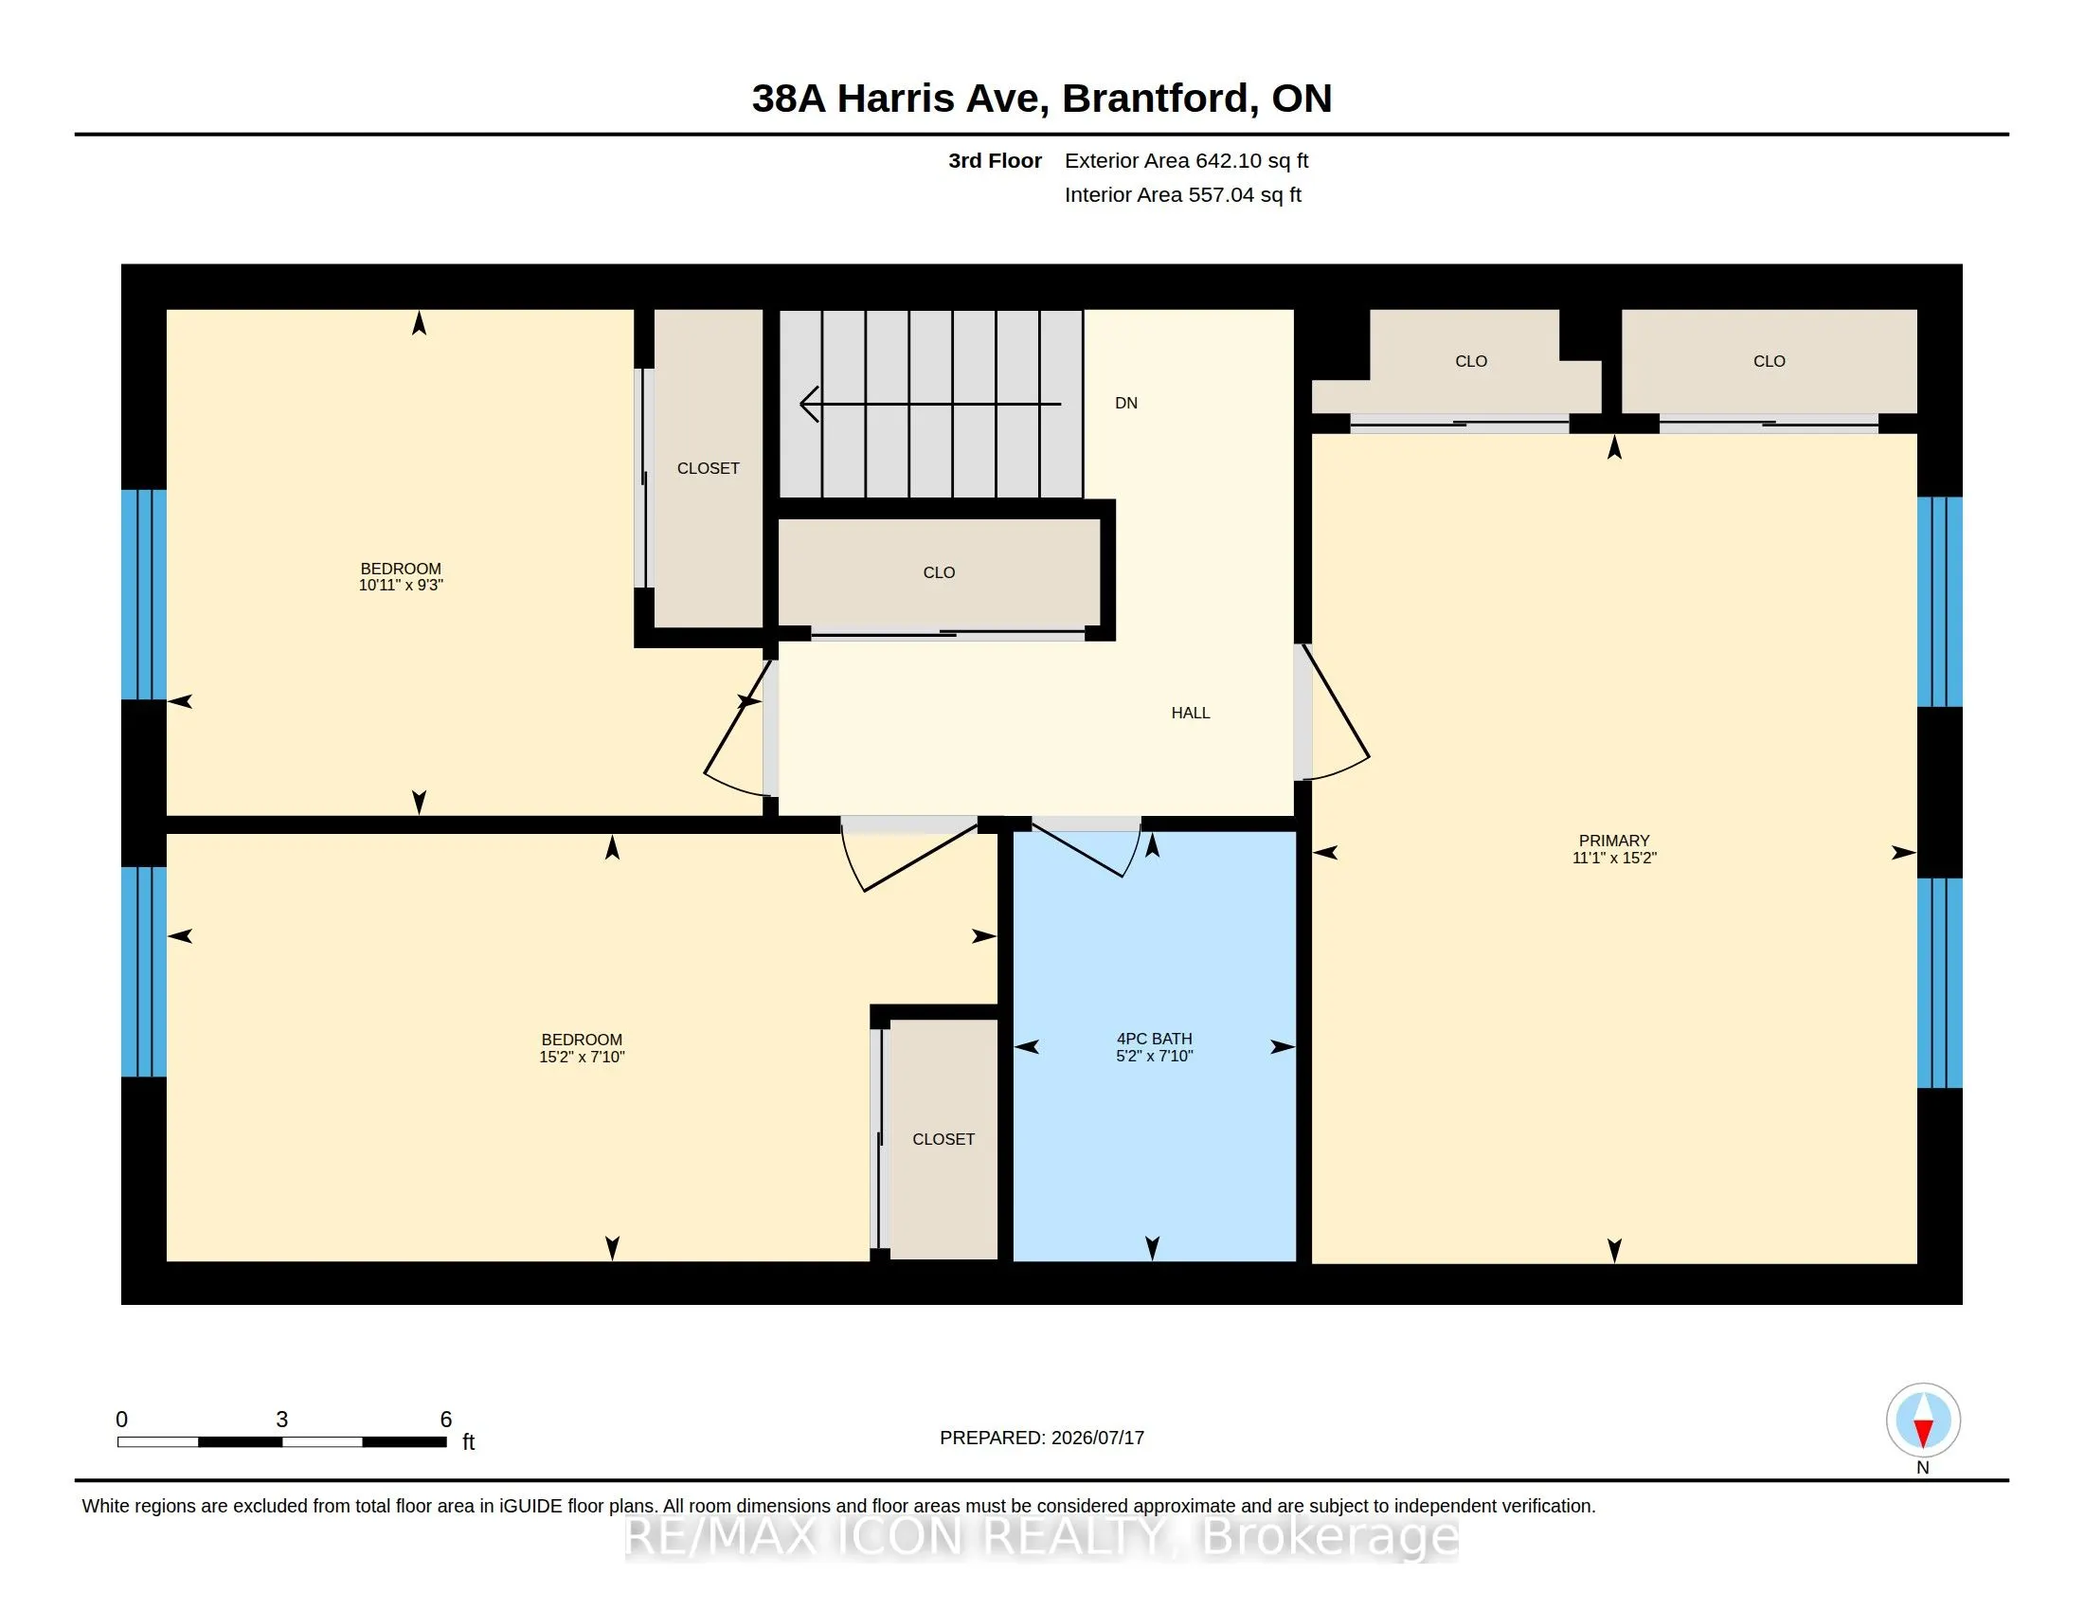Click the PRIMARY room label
point(1613,841)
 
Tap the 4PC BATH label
point(1155,1039)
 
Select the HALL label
point(1190,713)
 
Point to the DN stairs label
point(1126,403)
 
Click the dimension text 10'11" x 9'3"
point(401,585)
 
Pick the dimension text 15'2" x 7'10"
point(581,1057)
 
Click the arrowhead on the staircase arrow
point(808,404)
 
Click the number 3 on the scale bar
point(281,1420)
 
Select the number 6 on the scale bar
point(445,1420)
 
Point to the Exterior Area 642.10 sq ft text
point(1186,160)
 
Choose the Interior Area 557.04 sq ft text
point(1182,194)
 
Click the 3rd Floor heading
point(995,160)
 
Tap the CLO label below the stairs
point(939,572)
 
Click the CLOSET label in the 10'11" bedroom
point(708,468)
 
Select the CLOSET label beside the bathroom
point(943,1139)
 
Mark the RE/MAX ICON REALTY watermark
point(1041,1536)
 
